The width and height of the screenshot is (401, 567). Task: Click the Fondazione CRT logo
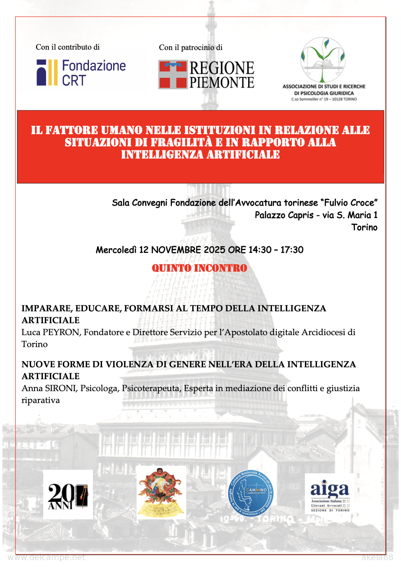pos(81,73)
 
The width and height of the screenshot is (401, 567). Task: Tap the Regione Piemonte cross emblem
pos(172,74)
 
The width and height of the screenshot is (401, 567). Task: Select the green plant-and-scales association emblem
pos(323,59)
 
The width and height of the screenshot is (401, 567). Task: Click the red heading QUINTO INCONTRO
pos(199,268)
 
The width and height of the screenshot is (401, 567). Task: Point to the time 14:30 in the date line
pos(260,250)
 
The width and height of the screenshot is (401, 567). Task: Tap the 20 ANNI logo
pos(68,495)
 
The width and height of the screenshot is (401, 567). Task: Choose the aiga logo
pos(330,494)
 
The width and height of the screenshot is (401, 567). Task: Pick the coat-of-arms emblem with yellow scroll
pos(161,493)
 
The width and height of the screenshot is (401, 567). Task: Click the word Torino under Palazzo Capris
pos(364,228)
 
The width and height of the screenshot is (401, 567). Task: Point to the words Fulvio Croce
pos(349,203)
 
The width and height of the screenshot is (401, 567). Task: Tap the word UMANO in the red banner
pos(121,130)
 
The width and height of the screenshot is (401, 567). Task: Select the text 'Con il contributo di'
pos(67,47)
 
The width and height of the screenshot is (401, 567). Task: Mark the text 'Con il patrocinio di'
pos(191,48)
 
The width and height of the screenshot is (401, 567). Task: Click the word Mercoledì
pos(116,250)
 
